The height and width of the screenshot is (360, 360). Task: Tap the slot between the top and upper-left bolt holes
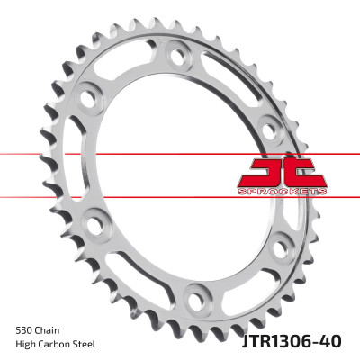tap(126, 63)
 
